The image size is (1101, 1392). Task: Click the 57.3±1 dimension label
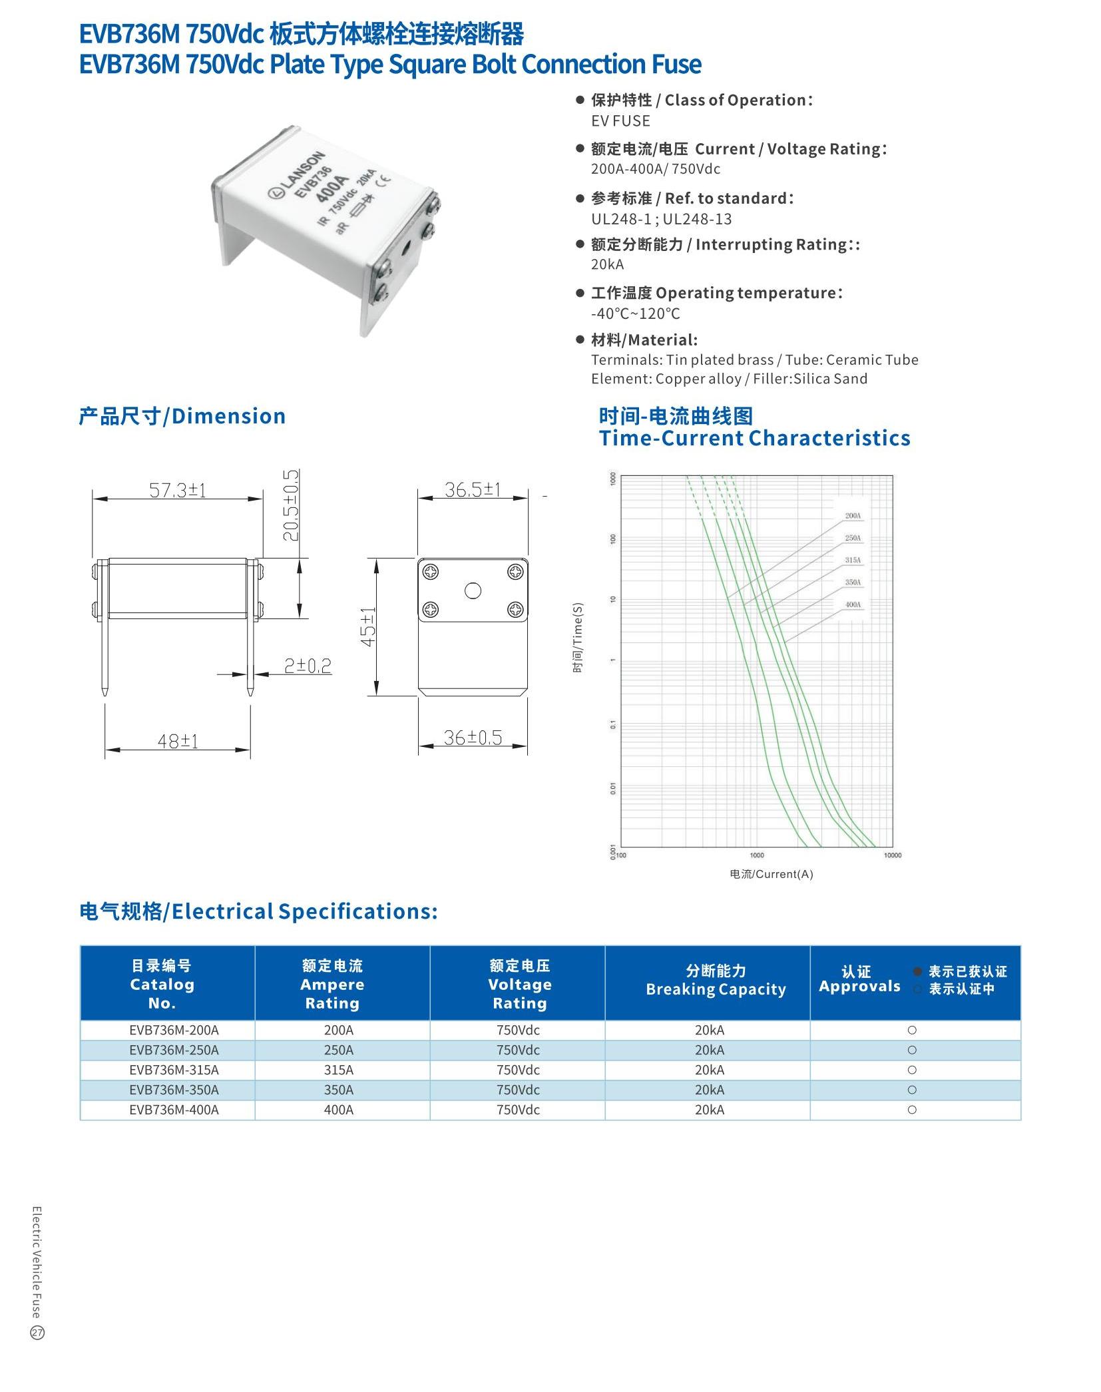click(x=177, y=491)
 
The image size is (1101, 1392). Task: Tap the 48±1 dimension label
click(x=178, y=741)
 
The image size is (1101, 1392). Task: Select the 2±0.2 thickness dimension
click(x=308, y=666)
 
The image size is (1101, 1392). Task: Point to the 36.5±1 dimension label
click(x=472, y=490)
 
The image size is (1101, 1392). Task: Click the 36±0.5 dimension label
click(x=473, y=738)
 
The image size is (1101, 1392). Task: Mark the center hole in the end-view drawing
click(x=473, y=590)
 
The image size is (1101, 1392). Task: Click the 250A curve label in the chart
click(x=853, y=538)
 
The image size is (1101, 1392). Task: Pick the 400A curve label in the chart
click(x=853, y=605)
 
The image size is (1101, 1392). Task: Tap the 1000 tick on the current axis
click(x=757, y=855)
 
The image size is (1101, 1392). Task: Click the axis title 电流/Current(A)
click(x=771, y=874)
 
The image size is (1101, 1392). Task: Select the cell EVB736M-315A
click(x=174, y=1070)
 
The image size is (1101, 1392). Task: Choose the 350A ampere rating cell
click(x=339, y=1090)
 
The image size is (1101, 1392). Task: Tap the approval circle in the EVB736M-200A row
click(x=912, y=1030)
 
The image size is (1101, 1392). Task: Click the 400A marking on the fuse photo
click(x=331, y=190)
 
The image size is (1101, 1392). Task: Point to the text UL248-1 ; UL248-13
click(x=661, y=219)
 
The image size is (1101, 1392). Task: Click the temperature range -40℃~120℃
click(x=635, y=314)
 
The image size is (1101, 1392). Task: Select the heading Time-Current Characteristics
click(x=754, y=438)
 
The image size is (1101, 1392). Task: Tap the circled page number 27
click(x=37, y=1333)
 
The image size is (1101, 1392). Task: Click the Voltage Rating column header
click(x=519, y=985)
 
